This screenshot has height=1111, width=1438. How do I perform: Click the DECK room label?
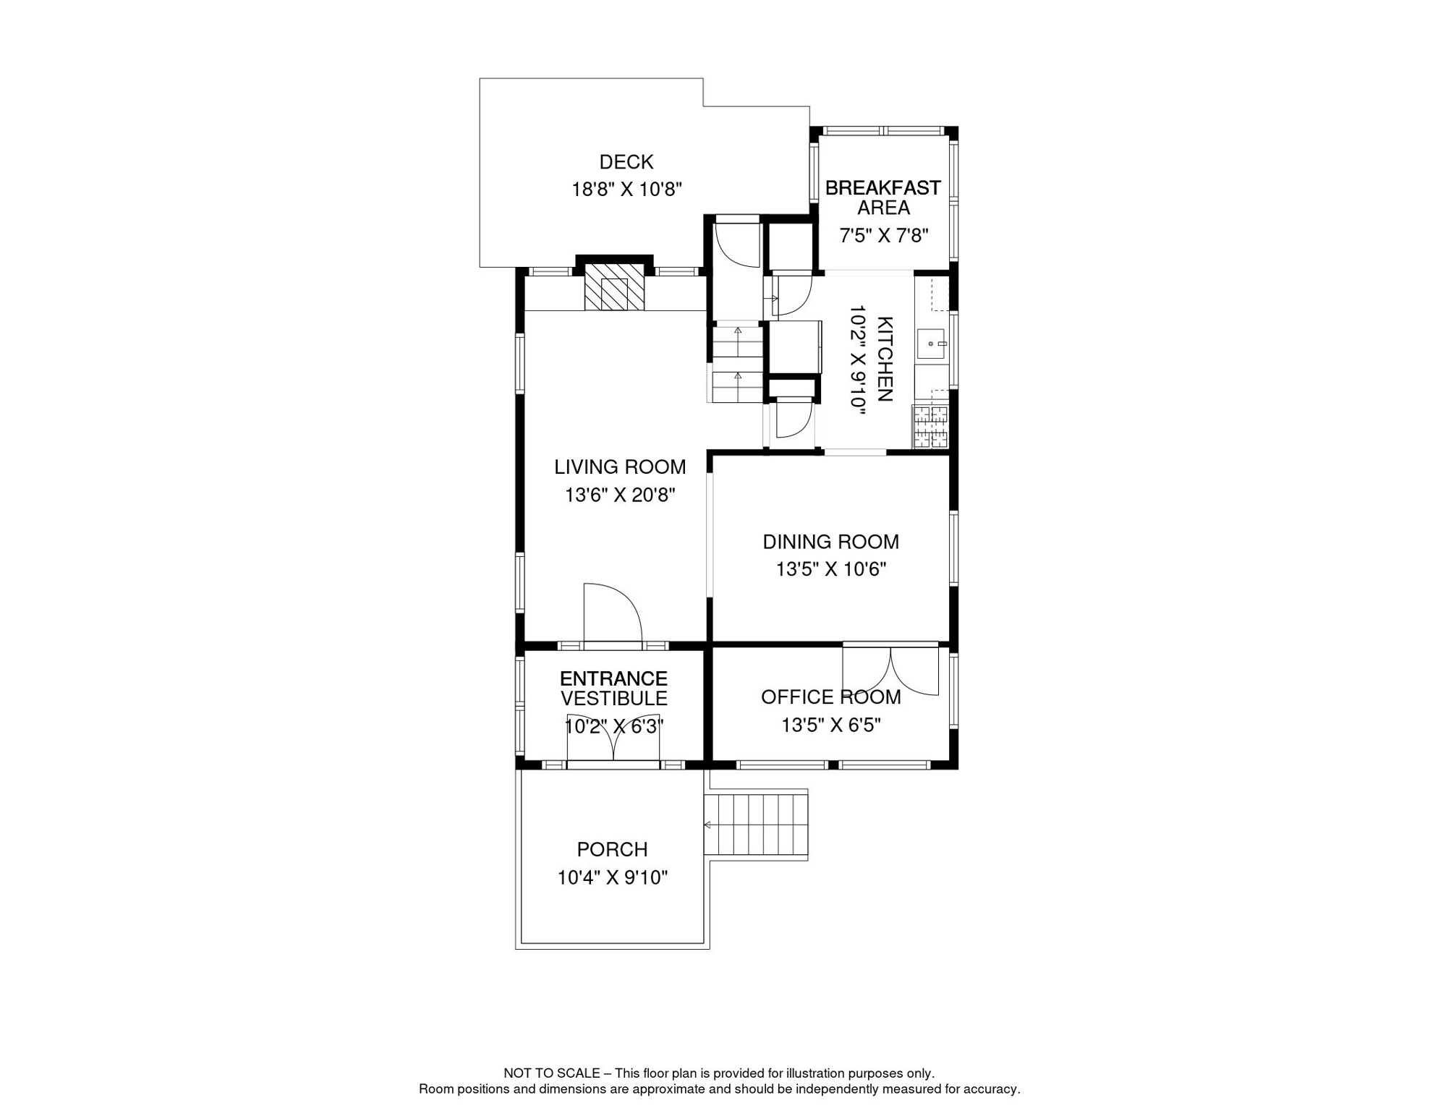tap(626, 162)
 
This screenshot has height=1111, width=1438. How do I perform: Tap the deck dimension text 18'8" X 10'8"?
tap(626, 190)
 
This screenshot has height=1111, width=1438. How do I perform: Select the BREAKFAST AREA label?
tap(883, 197)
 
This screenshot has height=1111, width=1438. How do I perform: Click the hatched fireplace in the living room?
tap(614, 287)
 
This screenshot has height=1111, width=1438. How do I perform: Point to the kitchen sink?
tap(932, 344)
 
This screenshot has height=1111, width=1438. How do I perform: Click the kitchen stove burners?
tap(930, 427)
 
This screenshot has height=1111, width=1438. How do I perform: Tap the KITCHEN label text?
tap(885, 359)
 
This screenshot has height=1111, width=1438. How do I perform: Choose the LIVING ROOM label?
tap(620, 467)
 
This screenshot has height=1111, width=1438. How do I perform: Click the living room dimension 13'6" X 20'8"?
tap(620, 495)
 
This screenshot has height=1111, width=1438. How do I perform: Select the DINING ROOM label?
tap(830, 542)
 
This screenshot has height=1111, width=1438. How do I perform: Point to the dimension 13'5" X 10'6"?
tap(831, 570)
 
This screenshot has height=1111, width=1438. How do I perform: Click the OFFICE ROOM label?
tap(830, 697)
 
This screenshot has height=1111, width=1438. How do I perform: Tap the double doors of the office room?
tap(890, 669)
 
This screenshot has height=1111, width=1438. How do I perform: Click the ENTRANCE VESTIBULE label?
tap(613, 689)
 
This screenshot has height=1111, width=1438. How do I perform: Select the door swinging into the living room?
tap(613, 613)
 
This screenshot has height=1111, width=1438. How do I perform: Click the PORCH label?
tap(612, 850)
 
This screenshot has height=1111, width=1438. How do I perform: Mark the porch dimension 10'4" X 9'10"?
tap(612, 878)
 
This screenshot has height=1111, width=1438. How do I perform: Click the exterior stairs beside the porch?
tap(756, 825)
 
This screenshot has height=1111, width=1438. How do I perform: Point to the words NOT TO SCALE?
tap(551, 1073)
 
